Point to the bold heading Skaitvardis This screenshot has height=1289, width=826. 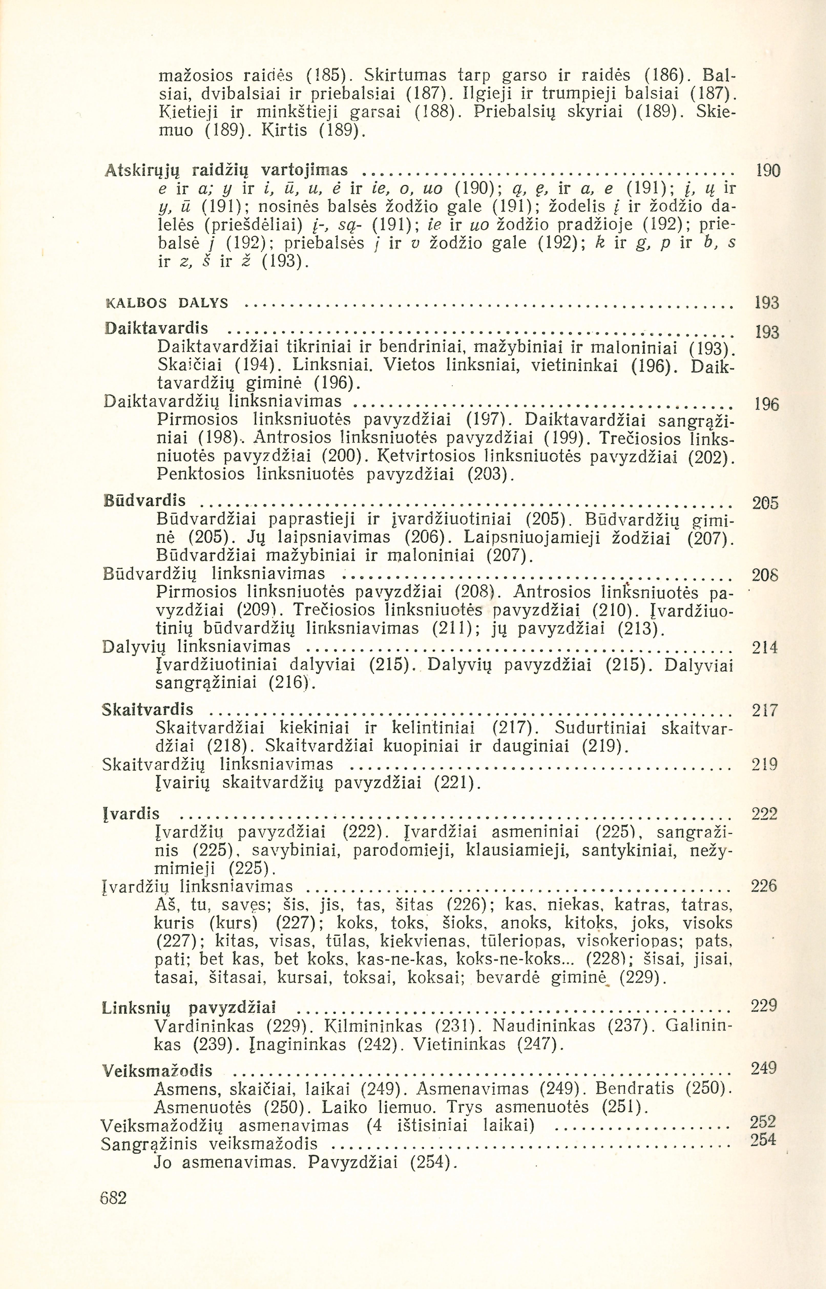click(148, 710)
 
